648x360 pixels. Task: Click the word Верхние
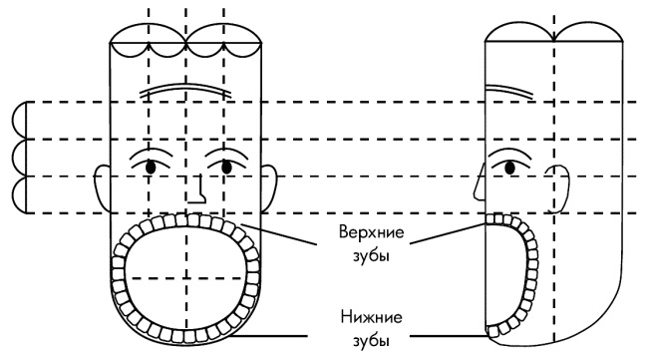coord(371,232)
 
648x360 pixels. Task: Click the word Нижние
coord(371,317)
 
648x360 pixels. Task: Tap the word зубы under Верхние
coord(371,256)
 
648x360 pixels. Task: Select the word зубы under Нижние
coord(371,341)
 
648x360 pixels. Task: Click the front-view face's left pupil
coord(151,167)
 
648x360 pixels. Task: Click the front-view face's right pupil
coord(226,167)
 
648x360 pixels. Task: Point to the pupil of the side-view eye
coord(510,168)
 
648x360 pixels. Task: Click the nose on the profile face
coord(480,182)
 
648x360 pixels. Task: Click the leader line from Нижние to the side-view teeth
coord(449,336)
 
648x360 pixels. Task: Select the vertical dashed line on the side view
coord(553,178)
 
